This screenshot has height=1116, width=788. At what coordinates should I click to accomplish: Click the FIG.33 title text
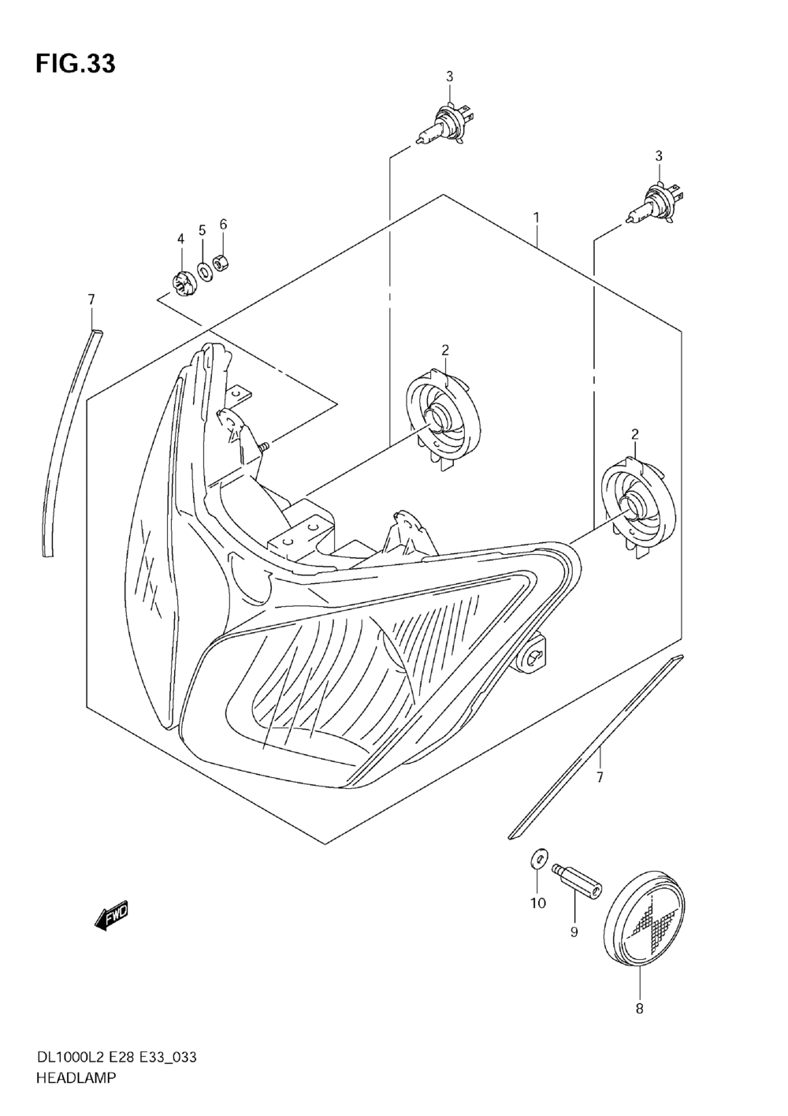tap(75, 64)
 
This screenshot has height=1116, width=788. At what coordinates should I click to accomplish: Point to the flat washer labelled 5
tap(203, 271)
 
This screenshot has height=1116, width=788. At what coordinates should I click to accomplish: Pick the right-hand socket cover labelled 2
tap(637, 505)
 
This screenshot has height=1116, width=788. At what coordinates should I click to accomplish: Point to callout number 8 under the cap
tap(639, 1009)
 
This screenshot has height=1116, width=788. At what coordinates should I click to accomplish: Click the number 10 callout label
tap(537, 903)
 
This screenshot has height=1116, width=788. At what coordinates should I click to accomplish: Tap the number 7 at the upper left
tap(91, 299)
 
